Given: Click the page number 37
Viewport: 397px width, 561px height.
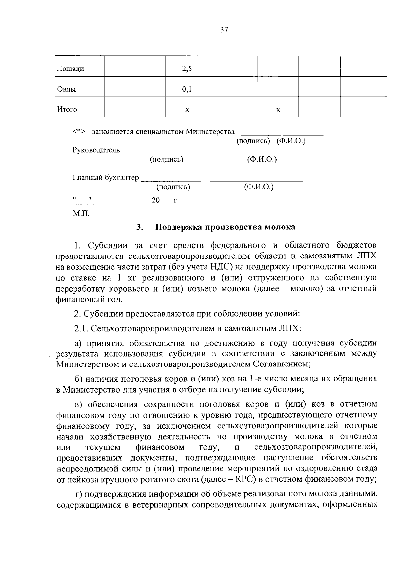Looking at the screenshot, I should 224,30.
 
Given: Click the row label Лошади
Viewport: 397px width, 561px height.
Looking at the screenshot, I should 70,69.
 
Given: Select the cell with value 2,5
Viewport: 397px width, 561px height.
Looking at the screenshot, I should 187,69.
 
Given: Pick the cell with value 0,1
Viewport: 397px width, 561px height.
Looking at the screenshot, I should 187,89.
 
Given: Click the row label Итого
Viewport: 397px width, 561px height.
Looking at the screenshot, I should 67,109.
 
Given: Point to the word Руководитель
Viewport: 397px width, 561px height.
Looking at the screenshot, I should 96,150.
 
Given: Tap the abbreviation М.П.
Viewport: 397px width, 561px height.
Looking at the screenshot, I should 81,213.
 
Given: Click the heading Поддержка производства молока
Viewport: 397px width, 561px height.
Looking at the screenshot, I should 225,227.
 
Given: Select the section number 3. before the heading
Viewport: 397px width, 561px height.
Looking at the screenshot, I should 139,227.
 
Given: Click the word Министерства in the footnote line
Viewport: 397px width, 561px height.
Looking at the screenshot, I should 210,132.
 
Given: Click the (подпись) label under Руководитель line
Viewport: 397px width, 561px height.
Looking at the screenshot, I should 166,159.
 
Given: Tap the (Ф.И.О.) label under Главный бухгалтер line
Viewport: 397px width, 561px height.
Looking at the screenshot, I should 259,187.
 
